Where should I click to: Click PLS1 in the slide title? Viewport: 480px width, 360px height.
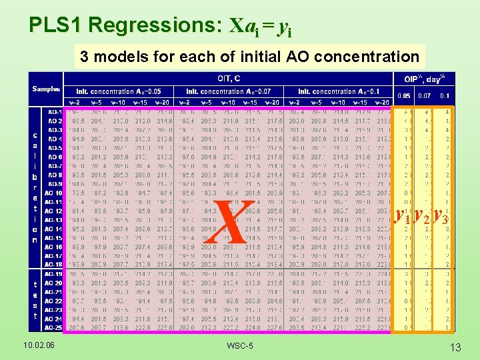click(56, 26)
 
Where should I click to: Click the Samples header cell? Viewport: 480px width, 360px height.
click(47, 89)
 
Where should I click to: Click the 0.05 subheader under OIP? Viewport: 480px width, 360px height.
click(404, 96)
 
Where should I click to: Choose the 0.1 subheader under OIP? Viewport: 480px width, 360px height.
click(445, 96)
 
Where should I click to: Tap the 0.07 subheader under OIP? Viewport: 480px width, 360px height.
click(424, 96)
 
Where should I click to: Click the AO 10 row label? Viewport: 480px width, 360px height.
click(53, 192)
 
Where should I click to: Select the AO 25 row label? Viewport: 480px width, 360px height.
click(53, 327)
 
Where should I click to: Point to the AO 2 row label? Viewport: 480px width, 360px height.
click(53, 121)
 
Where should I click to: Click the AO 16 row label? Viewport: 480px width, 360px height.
click(53, 246)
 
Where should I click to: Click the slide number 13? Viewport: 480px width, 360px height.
click(455, 347)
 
